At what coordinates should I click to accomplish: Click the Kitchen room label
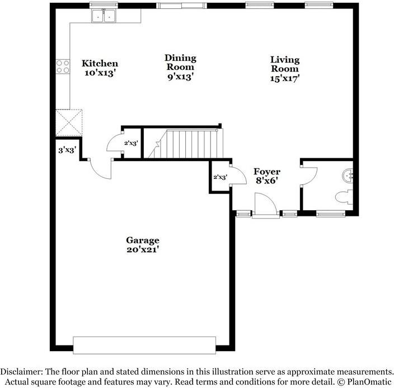[x=100, y=63]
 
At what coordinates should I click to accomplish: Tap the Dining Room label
[x=180, y=63]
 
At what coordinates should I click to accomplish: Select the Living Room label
[x=285, y=64]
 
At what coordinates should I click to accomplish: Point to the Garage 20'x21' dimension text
[x=143, y=249]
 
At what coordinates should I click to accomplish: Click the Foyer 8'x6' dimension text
[x=266, y=181]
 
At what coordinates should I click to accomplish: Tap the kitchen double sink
[x=104, y=16]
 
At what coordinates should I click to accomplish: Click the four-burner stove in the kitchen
[x=63, y=67]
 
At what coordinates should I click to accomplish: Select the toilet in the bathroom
[x=344, y=197]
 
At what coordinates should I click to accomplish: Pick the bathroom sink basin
[x=348, y=176]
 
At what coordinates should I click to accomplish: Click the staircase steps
[x=186, y=144]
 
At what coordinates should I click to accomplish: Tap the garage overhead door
[x=144, y=345]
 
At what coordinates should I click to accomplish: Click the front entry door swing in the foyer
[x=266, y=204]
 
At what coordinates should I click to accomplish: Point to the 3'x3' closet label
[x=67, y=150]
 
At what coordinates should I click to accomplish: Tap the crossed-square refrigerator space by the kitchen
[x=69, y=123]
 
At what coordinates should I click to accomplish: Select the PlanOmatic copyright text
[x=364, y=382]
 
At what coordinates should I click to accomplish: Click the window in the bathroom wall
[x=331, y=214]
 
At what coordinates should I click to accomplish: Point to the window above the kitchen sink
[x=104, y=6]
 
